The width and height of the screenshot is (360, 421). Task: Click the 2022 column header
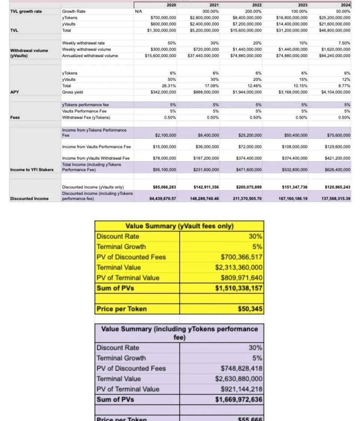pos(256,5)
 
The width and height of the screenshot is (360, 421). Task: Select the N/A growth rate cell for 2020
pos(138,11)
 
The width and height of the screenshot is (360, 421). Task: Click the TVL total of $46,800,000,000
pos(335,30)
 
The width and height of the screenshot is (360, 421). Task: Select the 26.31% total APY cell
pos(169,86)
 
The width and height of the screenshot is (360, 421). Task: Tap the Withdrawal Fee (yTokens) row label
pos(86,117)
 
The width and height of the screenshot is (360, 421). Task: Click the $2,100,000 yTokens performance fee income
pos(165,135)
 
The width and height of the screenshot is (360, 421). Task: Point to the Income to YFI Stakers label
pos(32,170)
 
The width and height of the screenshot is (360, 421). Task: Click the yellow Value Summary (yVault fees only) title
pos(179,226)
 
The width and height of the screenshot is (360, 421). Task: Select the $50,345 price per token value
pos(250,309)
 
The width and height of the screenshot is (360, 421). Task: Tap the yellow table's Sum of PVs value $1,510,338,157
pos(238,288)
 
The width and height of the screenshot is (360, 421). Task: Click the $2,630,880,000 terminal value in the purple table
pos(238,379)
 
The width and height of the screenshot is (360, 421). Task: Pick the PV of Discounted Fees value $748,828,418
pos(241,368)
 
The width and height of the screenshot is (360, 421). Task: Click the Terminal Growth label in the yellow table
pos(121,247)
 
